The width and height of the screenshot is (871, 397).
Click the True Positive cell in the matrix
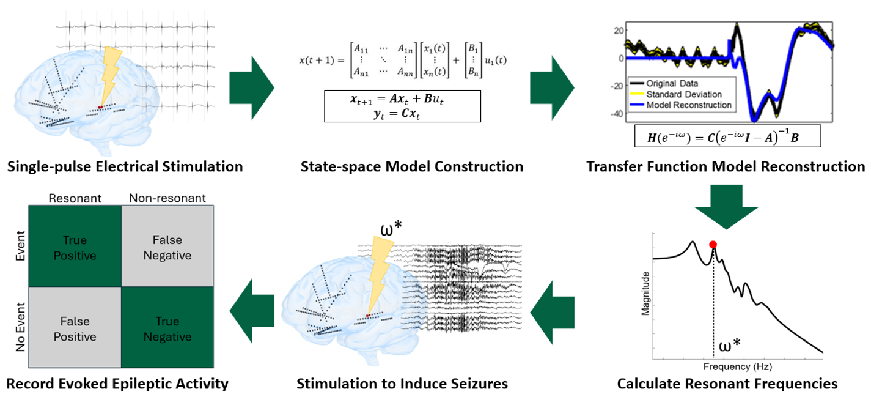[75, 249]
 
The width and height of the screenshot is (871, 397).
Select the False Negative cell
[167, 249]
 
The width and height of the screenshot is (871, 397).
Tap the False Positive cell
[75, 329]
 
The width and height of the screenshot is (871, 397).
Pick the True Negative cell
[167, 329]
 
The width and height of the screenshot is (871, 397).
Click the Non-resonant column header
[167, 198]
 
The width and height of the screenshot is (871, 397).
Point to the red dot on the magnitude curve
[713, 245]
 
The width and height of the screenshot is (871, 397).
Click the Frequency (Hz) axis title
[739, 367]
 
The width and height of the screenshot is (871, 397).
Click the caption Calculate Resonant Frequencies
[727, 384]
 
